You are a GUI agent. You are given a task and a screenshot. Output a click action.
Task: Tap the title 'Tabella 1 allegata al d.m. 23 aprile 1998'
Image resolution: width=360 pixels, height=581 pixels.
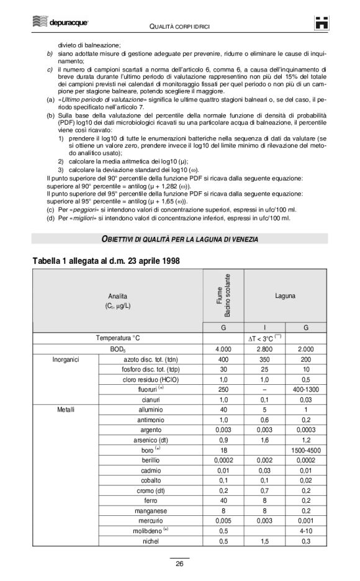click(106, 261)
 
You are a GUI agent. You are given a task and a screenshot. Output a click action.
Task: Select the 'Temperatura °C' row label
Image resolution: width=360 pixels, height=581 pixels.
click(118, 338)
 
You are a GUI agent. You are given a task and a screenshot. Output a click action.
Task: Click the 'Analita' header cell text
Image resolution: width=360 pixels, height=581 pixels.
click(118, 300)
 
